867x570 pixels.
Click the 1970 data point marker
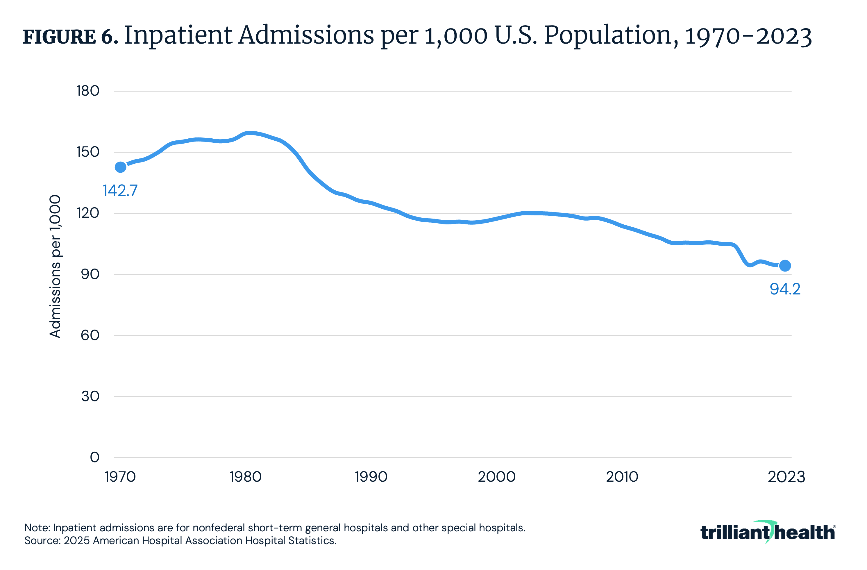point(121,167)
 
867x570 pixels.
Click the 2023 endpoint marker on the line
point(785,266)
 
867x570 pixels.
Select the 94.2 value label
point(785,289)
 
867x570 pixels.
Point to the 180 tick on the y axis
point(88,91)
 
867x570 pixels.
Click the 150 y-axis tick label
point(88,152)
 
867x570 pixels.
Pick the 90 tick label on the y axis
point(90,274)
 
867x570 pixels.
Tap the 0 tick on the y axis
point(94,457)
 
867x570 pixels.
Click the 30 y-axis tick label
point(90,396)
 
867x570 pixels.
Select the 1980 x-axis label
point(246,477)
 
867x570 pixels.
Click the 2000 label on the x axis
point(496,477)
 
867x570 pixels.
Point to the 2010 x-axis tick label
point(622,477)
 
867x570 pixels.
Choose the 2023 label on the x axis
point(786,477)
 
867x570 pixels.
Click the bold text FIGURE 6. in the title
point(70,37)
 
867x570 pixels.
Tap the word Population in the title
point(608,36)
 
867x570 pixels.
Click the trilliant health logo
point(768,532)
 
